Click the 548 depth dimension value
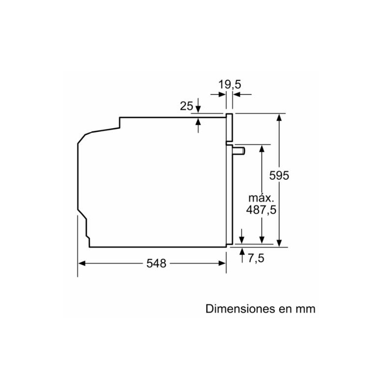(156, 263)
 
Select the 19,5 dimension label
(230, 84)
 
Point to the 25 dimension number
(186, 105)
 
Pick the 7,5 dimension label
(256, 258)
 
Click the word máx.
(260, 198)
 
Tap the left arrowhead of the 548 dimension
(82, 263)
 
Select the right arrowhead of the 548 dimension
(221, 263)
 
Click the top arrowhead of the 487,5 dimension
(262, 148)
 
